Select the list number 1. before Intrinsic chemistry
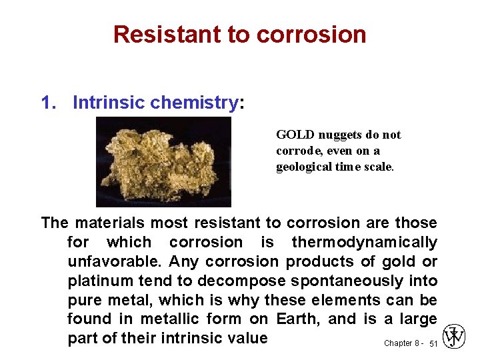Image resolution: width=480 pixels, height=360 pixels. click(x=49, y=103)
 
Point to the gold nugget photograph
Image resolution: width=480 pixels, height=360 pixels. click(x=163, y=162)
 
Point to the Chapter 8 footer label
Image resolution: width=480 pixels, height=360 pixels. click(x=402, y=343)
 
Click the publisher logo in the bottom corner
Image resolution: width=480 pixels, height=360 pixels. click(x=454, y=337)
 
